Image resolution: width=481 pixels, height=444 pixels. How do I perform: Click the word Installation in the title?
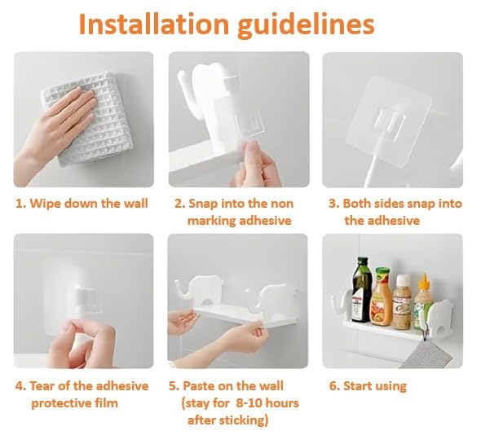(154, 24)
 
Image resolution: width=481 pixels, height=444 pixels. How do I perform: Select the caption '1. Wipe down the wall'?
(82, 204)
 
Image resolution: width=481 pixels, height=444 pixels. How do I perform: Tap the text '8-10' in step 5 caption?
(249, 403)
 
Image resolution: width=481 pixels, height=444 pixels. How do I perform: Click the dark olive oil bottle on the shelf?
(362, 290)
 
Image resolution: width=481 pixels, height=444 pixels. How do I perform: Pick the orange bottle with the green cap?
(382, 297)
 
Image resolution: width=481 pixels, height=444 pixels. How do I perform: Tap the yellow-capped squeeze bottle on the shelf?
(424, 302)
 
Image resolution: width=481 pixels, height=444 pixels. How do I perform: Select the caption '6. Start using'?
(368, 386)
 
